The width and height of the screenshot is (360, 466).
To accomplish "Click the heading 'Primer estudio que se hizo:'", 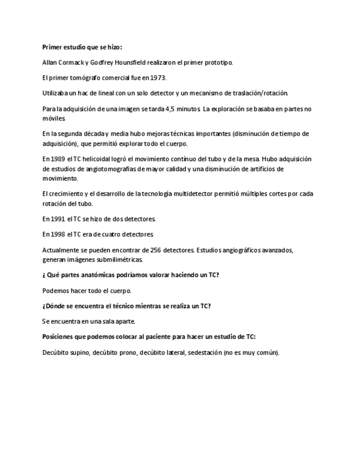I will [82, 47].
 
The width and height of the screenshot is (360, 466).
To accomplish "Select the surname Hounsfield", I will [130, 63].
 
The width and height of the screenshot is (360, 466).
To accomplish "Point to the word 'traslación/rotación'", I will [261, 93].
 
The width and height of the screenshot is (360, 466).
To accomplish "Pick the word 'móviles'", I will [53, 118].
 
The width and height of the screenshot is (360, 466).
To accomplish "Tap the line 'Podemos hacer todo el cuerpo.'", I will [87, 290].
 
